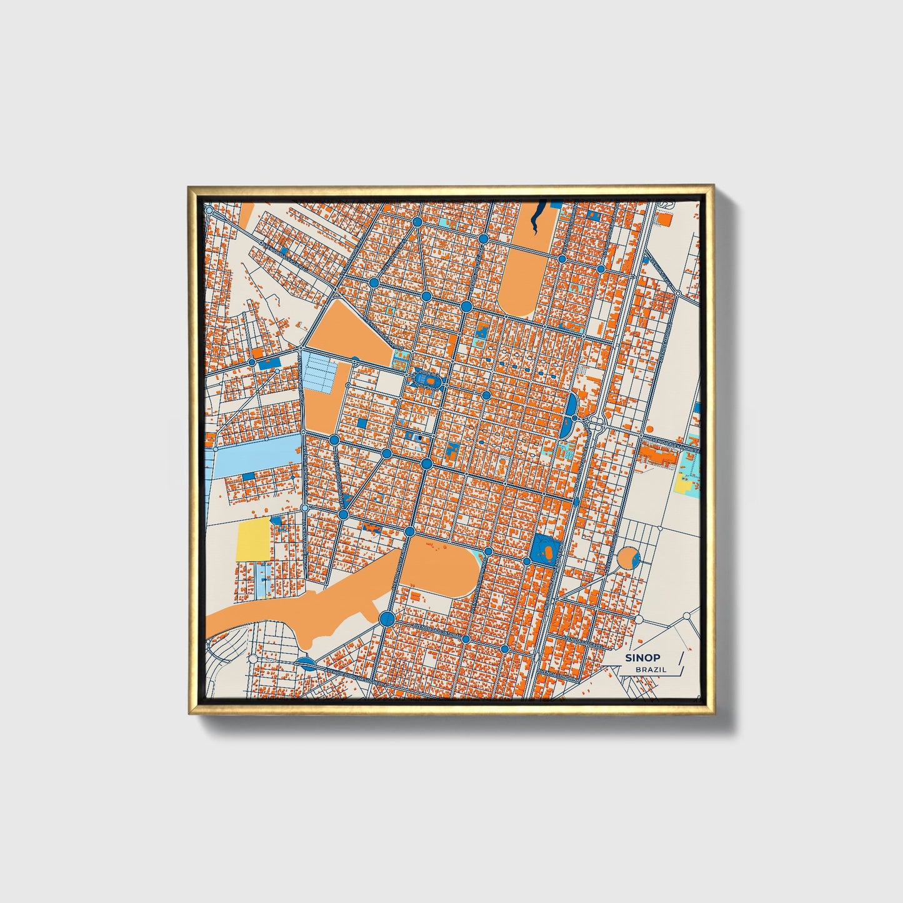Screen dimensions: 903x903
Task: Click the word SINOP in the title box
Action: (643, 657)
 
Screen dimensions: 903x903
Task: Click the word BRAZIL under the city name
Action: (651, 669)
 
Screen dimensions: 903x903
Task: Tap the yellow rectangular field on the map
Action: (253, 539)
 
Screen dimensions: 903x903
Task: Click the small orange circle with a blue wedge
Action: (627, 558)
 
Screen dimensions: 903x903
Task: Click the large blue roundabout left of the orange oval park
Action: (387, 619)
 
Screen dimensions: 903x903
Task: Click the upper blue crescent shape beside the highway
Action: (572, 406)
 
